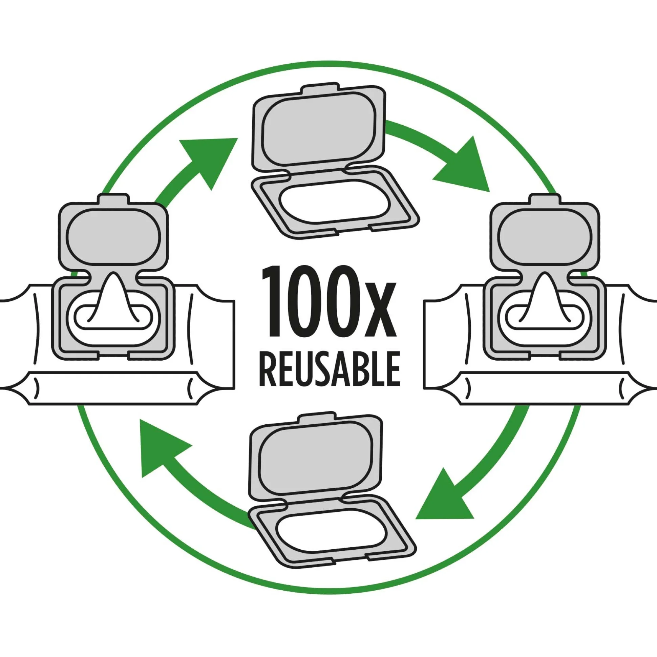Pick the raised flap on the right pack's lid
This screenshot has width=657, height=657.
click(544, 235)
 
